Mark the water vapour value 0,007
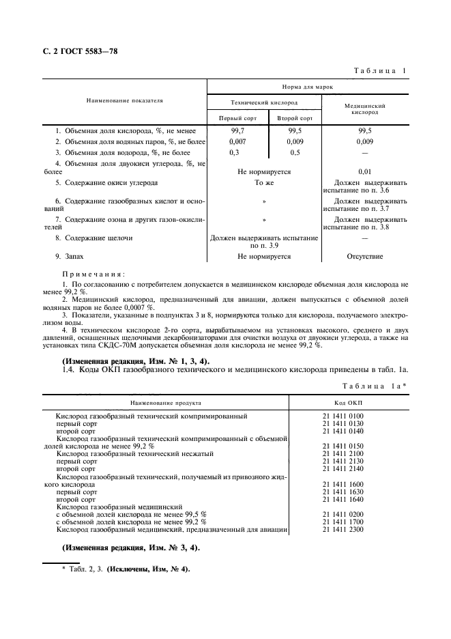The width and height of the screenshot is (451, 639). [x=238, y=141]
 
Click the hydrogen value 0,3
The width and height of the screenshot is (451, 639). [x=235, y=152]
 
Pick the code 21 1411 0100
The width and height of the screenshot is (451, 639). [x=343, y=415]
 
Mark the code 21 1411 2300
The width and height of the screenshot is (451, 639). [x=343, y=529]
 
